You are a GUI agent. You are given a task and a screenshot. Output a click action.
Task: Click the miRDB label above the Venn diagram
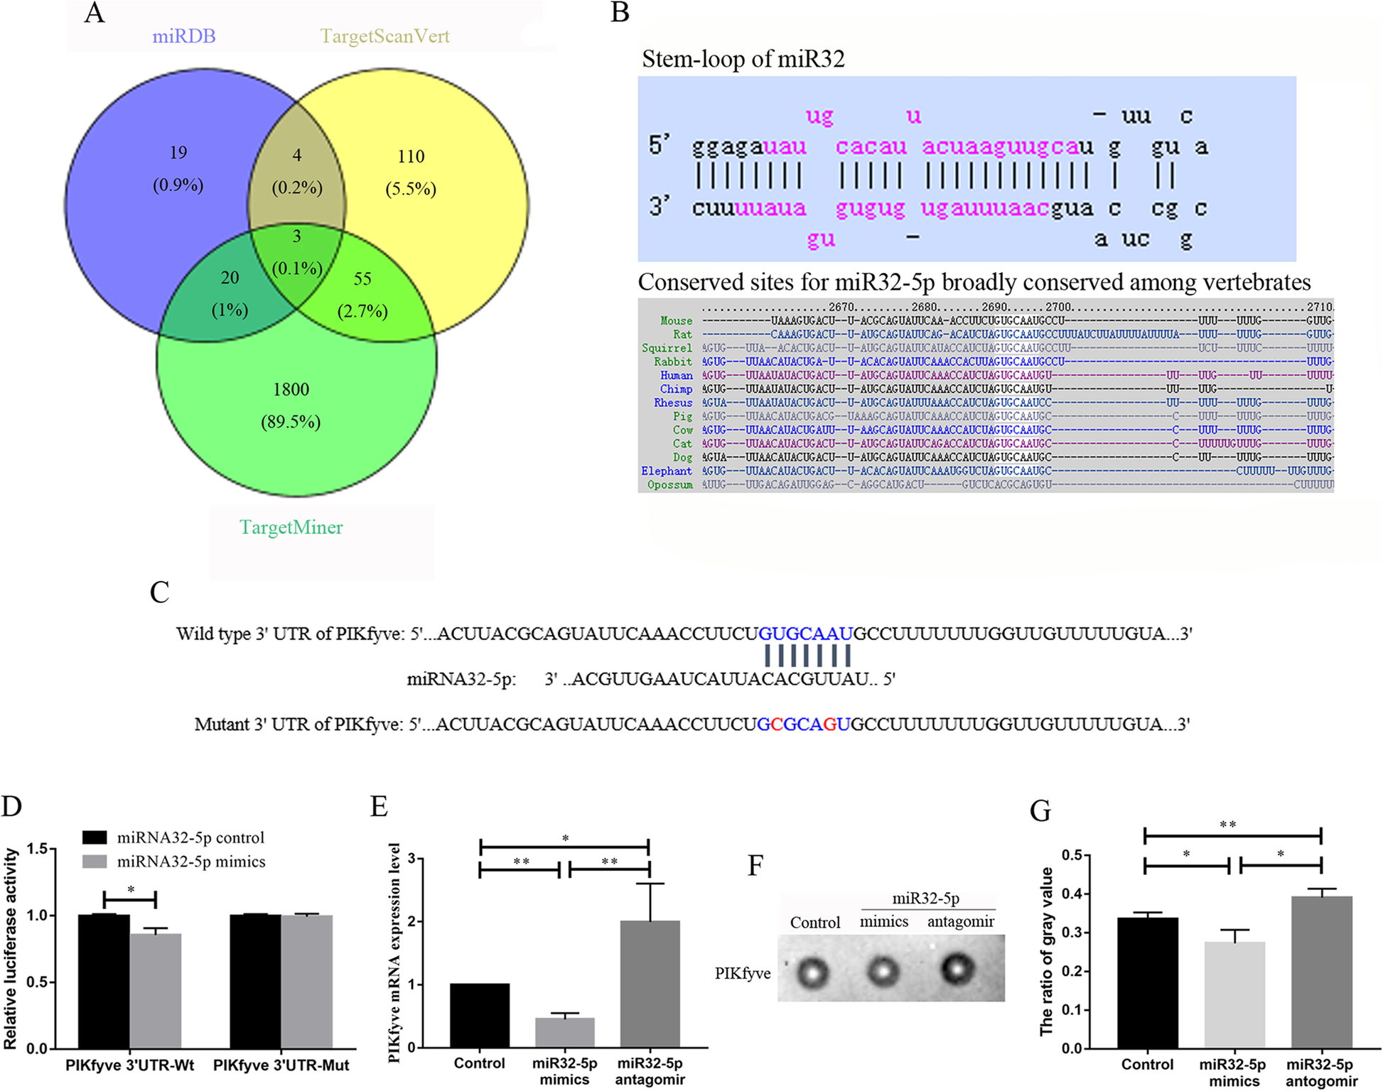(183, 36)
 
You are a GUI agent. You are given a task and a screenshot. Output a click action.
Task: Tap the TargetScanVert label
(384, 36)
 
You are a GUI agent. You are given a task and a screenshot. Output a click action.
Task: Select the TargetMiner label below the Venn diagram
(291, 527)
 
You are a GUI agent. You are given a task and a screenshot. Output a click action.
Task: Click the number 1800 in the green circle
(291, 389)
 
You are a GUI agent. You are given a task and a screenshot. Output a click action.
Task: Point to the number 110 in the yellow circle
(411, 156)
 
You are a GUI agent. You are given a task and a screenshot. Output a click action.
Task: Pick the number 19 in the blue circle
(178, 153)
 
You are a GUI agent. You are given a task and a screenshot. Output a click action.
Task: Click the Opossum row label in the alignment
(669, 485)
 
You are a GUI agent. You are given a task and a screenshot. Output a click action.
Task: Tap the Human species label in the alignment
(676, 376)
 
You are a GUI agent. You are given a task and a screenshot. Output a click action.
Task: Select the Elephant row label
(666, 471)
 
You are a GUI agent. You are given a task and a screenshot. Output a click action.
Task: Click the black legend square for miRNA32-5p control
(95, 837)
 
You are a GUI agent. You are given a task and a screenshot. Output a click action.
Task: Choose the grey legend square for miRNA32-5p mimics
(95, 862)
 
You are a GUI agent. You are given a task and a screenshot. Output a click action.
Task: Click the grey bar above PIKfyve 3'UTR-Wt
(156, 991)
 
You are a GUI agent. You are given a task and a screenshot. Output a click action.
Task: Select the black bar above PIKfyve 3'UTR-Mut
(255, 981)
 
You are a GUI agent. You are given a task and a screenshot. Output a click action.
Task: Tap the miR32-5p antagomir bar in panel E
(650, 984)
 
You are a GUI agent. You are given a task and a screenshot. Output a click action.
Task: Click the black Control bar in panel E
(480, 1015)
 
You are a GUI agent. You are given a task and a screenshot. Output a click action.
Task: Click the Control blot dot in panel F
(812, 972)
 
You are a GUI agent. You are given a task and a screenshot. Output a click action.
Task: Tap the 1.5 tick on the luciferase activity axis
(38, 849)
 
